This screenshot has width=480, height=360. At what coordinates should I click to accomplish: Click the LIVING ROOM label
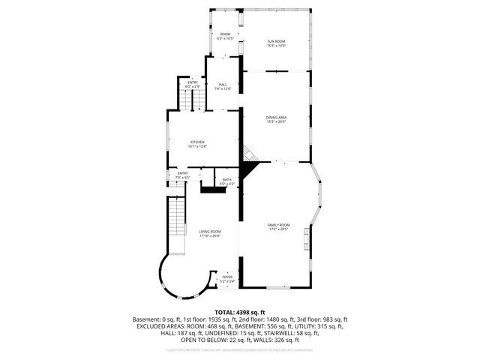(210, 233)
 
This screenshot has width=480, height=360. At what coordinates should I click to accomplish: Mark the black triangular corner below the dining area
(250, 162)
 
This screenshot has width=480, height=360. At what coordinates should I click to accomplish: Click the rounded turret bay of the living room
(174, 275)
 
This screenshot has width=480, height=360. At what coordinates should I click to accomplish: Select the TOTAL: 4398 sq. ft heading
(240, 313)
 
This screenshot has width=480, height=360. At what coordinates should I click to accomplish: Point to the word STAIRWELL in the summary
(302, 333)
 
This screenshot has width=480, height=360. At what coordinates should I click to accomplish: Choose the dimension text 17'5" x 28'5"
(278, 229)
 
